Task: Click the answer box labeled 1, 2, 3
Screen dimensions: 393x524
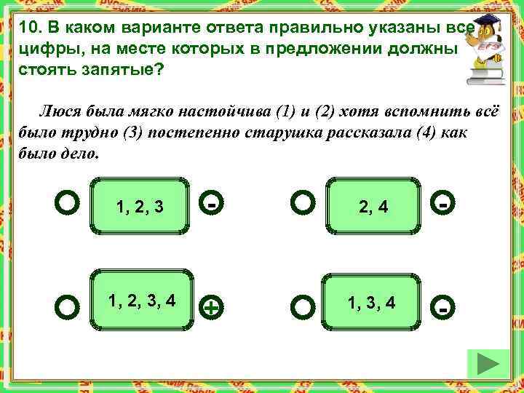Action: [139, 207]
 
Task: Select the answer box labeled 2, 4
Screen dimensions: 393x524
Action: [373, 207]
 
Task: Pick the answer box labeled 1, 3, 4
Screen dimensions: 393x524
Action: [373, 300]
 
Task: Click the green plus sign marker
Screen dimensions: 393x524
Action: [210, 308]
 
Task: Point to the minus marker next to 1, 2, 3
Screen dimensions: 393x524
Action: [210, 205]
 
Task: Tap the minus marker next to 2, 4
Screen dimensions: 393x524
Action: [443, 205]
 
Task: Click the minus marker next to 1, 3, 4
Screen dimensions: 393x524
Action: [443, 308]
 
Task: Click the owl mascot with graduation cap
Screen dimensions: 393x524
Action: [490, 47]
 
